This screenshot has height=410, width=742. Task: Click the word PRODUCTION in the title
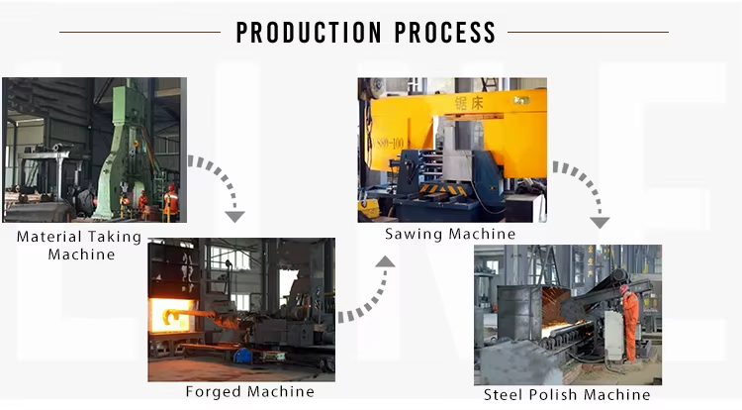pyautogui.click(x=309, y=33)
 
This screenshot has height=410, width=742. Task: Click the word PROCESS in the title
pyautogui.click(x=445, y=33)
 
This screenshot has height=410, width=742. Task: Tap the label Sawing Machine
pyautogui.click(x=450, y=234)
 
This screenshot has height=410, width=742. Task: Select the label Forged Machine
pyautogui.click(x=250, y=391)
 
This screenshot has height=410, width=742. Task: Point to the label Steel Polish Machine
pyautogui.click(x=567, y=394)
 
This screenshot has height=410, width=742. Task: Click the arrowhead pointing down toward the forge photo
pyautogui.click(x=234, y=216)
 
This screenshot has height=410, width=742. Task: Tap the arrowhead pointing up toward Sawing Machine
pyautogui.click(x=385, y=261)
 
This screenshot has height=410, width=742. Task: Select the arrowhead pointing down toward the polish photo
pyautogui.click(x=601, y=223)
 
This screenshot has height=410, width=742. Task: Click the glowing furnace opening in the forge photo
pyautogui.click(x=172, y=315)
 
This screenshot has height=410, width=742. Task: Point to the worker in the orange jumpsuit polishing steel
pyautogui.click(x=630, y=323)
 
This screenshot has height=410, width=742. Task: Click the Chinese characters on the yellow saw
pyautogui.click(x=469, y=103)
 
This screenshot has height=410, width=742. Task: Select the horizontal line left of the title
pyautogui.click(x=140, y=33)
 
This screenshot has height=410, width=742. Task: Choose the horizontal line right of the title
pyautogui.click(x=588, y=33)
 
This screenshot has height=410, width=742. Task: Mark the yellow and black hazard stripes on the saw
pyautogui.click(x=441, y=190)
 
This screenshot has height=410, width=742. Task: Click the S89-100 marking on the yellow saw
pyautogui.click(x=389, y=143)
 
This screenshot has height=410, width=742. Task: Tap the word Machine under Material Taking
pyautogui.click(x=81, y=255)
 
